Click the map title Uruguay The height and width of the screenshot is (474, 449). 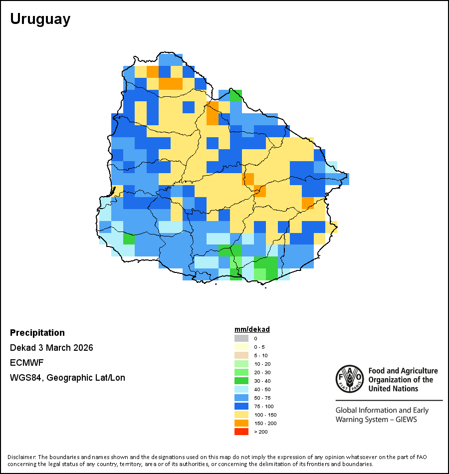click(x=40, y=19)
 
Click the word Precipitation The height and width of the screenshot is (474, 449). click(x=37, y=333)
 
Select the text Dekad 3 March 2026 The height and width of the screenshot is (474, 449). click(x=51, y=348)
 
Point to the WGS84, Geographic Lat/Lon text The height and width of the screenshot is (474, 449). click(x=67, y=378)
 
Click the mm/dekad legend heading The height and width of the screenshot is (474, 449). click(x=252, y=329)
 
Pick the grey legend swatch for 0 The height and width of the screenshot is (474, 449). click(x=241, y=338)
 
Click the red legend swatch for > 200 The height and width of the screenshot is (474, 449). click(x=241, y=432)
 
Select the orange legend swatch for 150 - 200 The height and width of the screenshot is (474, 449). click(x=241, y=423)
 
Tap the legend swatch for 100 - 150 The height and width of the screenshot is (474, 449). click(x=241, y=415)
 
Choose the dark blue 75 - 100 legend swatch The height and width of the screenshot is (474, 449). click(x=241, y=406)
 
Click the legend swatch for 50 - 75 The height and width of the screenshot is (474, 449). click(x=241, y=398)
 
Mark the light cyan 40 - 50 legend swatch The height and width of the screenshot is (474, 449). click(x=241, y=389)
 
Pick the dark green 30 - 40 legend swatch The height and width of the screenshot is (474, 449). click(x=241, y=381)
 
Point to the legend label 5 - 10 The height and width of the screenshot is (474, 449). click(x=260, y=355)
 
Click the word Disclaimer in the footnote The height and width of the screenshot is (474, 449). click(x=21, y=457)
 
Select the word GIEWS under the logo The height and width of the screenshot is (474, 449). click(x=406, y=419)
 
